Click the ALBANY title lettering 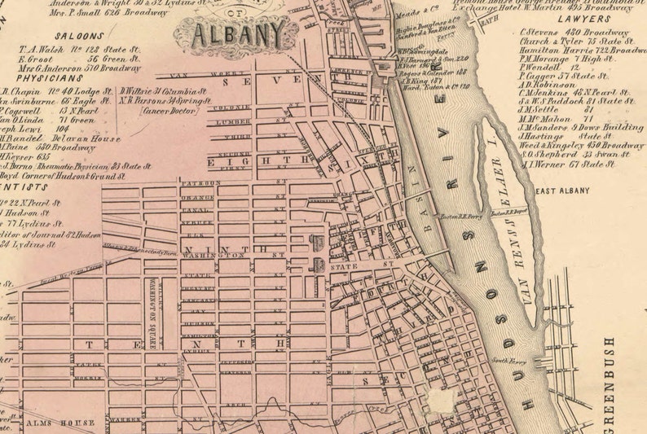pos(240,33)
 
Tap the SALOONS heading pos(79,36)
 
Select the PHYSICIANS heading pos(34,79)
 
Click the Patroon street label pos(200,183)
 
